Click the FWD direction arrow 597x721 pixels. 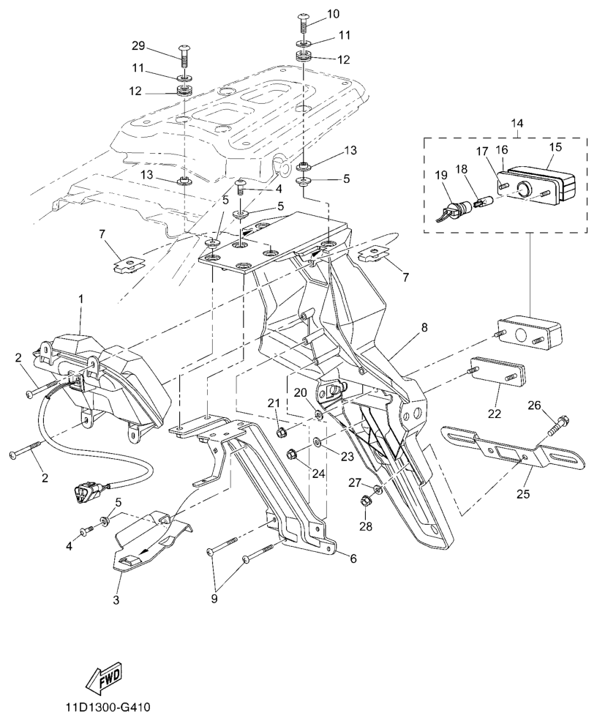(x=103, y=679)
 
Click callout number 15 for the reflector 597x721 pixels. (x=555, y=147)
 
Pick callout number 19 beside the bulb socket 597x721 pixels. (x=440, y=176)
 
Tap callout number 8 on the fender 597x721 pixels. (x=424, y=329)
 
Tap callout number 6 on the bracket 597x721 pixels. (x=353, y=559)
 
